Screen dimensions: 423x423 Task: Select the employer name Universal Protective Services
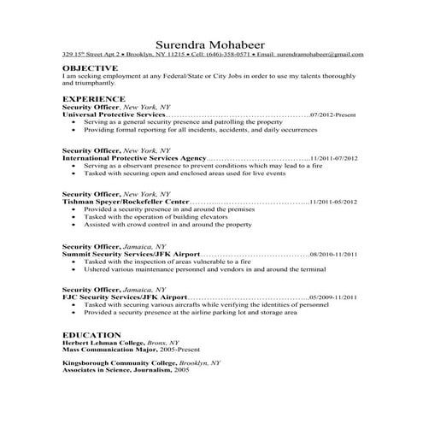pos(113,113)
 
